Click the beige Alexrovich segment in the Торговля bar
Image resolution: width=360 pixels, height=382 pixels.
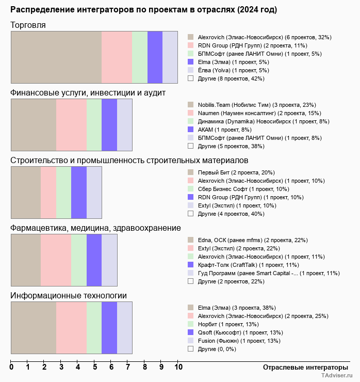[56, 57]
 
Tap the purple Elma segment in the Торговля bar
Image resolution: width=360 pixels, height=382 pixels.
[155, 57]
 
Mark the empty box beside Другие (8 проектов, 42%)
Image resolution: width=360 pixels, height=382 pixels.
[191, 78]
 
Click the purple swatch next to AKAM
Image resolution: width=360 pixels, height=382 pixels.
[191, 130]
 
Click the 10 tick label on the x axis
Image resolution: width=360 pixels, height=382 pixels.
[178, 368]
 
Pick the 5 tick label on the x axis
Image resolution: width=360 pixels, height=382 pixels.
[95, 368]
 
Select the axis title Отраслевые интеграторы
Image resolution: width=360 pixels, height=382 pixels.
[302, 367]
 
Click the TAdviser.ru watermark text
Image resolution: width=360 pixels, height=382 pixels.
[337, 376]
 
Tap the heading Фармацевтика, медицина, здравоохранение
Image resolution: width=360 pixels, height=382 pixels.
[95, 228]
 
